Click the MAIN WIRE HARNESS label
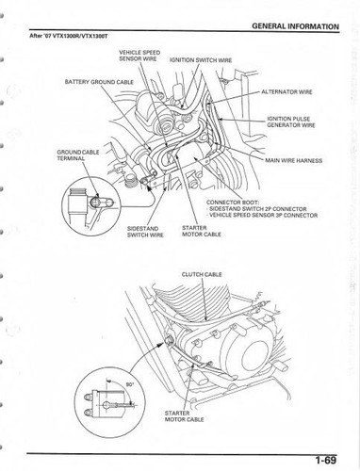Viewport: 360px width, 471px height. (x=293, y=160)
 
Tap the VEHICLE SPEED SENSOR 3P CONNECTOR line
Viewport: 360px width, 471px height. (x=269, y=217)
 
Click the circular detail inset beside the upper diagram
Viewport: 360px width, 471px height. (x=92, y=202)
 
